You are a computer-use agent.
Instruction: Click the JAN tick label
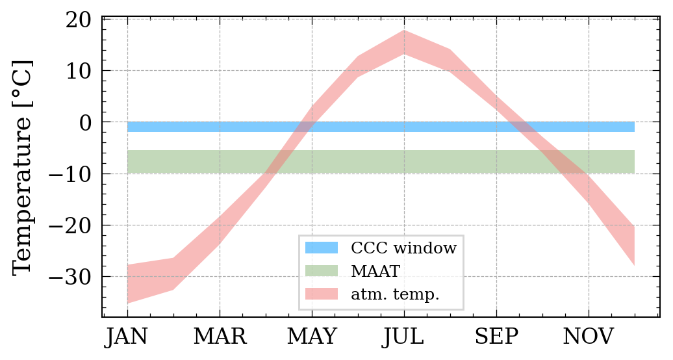(127, 337)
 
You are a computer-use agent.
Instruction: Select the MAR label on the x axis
(220, 337)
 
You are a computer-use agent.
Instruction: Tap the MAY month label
(312, 337)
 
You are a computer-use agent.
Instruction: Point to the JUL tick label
(404, 337)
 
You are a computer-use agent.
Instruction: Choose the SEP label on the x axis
(496, 337)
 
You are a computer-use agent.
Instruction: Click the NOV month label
(589, 337)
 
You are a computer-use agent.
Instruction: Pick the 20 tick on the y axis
(79, 19)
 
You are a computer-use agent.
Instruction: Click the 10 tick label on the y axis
(79, 70)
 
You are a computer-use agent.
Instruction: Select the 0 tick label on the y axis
(86, 122)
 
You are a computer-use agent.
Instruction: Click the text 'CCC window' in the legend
(403, 248)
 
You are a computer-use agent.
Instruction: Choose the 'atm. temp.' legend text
(395, 294)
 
